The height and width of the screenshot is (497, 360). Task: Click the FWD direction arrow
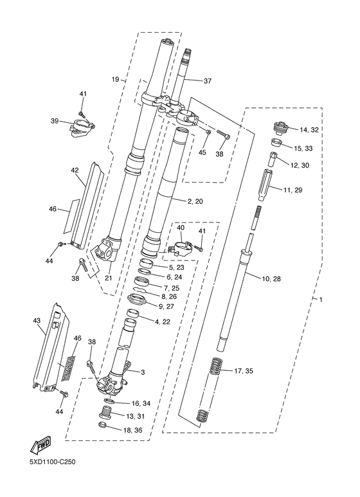[x=40, y=446]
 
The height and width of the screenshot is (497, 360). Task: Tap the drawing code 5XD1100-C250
[x=52, y=462]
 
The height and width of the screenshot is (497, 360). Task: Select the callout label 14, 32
[x=309, y=129]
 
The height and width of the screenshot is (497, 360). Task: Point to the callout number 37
[x=207, y=81]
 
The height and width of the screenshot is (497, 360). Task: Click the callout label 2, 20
[x=195, y=201]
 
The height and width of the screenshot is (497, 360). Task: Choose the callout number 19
[x=115, y=79]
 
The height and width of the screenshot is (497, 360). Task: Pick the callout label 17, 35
[x=244, y=370]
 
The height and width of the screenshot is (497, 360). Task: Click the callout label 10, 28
[x=271, y=279]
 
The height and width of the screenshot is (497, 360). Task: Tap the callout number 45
[x=203, y=152]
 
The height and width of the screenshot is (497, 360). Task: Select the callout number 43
[x=37, y=320]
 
